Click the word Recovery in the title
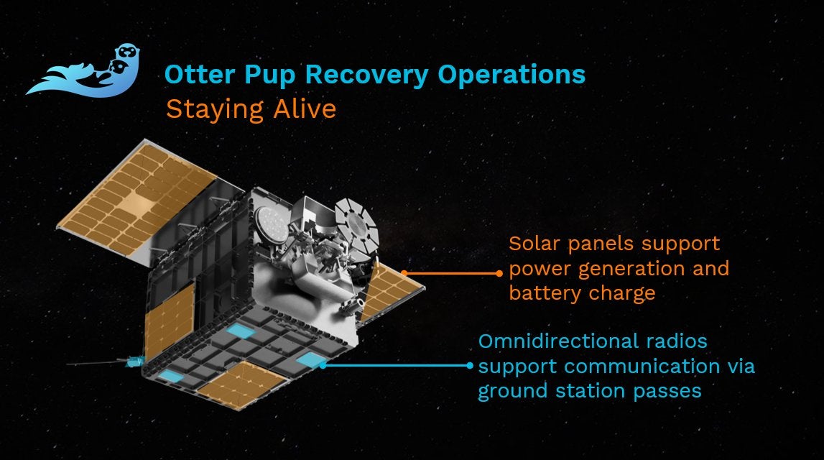(366, 75)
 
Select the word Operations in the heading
(511, 75)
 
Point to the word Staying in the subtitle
(214, 110)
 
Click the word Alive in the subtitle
(305, 109)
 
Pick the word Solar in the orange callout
(535, 244)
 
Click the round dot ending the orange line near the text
(499, 273)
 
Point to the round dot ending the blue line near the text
(470, 366)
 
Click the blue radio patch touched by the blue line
(311, 359)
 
